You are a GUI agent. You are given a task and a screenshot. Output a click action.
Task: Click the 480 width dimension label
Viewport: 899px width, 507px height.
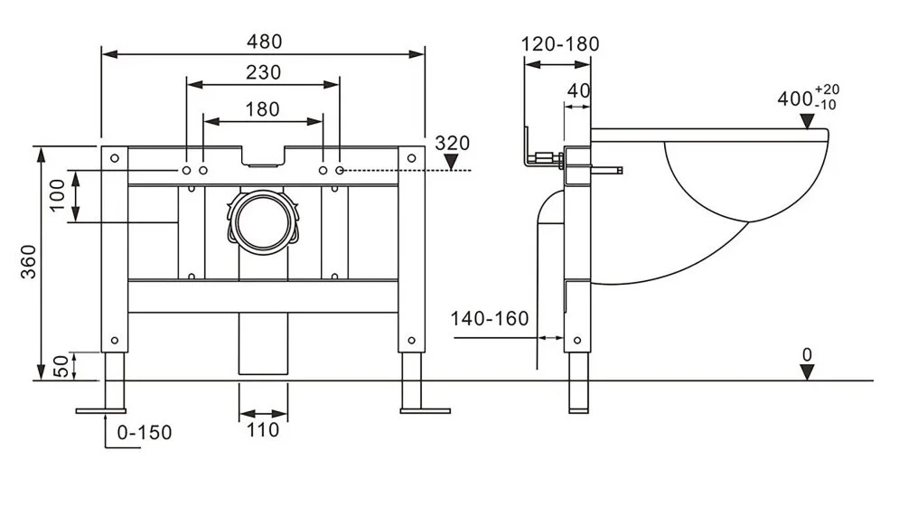click(x=263, y=42)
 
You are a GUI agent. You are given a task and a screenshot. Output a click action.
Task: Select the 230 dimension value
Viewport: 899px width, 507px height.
click(x=263, y=72)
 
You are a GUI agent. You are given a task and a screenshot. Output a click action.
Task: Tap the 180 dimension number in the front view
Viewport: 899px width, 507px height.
click(x=263, y=108)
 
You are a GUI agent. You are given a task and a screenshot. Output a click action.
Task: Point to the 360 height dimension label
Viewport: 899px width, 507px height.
click(x=27, y=262)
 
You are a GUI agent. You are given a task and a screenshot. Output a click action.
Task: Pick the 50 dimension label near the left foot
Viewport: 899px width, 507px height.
click(x=57, y=365)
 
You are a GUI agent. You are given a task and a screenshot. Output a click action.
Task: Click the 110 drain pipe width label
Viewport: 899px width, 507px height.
click(x=263, y=431)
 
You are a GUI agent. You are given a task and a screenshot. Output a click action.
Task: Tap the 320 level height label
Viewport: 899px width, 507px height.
click(x=453, y=143)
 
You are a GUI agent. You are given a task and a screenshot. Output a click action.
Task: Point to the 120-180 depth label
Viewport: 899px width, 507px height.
click(x=560, y=43)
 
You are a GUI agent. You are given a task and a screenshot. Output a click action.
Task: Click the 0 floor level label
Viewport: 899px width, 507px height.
click(x=808, y=354)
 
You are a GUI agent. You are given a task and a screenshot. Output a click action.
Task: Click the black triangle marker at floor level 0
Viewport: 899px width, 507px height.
click(x=808, y=372)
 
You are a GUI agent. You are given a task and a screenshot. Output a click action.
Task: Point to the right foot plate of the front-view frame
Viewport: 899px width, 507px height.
click(x=425, y=411)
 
